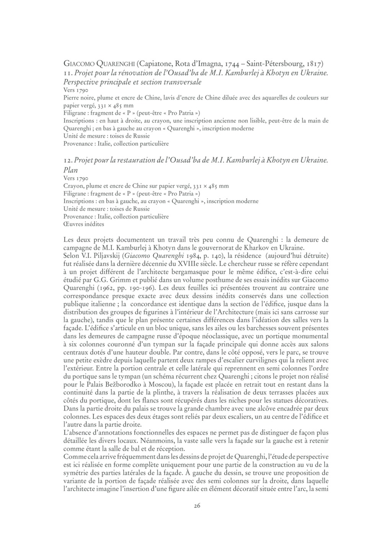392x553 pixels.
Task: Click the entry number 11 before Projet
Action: click(68, 73)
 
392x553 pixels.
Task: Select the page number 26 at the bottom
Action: click(197, 506)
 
